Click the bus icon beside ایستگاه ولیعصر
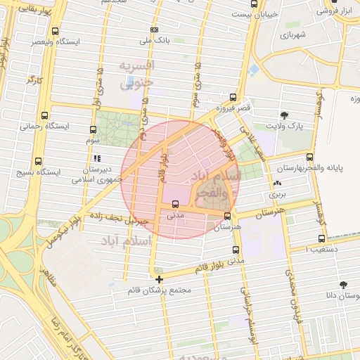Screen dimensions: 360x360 tap(56, 31)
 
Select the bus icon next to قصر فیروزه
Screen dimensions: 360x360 tap(233, 97)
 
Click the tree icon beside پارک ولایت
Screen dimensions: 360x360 tap(284, 115)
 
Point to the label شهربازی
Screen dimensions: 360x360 tap(295, 34)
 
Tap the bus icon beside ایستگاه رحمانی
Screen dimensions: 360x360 tap(46, 116)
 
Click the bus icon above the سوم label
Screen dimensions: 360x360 tap(93, 129)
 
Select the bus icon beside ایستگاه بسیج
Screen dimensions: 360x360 tap(37, 161)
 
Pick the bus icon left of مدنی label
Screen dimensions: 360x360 tap(175, 205)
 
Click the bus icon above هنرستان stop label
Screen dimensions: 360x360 tap(227, 216)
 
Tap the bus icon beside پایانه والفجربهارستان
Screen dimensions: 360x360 tap(309, 158)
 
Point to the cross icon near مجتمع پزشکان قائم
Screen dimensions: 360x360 tap(159, 279)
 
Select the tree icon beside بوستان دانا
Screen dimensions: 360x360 tap(343, 285)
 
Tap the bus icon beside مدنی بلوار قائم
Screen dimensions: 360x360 tap(235, 249)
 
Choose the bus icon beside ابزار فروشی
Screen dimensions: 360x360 tap(347, 11)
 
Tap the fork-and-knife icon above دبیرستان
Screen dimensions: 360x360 tap(97, 158)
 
